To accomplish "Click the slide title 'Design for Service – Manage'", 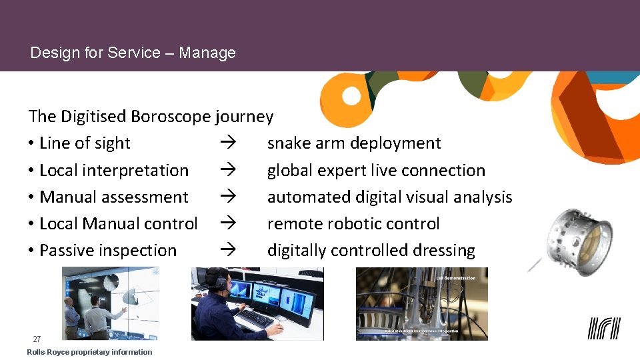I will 133,53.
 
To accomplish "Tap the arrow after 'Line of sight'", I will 227,143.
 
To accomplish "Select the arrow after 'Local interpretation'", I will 227,170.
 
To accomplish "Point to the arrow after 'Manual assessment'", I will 227,197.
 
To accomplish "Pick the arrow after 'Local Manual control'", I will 227,223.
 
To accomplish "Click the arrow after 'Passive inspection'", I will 227,251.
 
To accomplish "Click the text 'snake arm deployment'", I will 354,143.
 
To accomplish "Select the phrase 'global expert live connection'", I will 376,170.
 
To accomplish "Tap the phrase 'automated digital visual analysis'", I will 389,197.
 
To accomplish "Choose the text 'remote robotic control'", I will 353,223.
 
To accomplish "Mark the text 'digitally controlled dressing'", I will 371,251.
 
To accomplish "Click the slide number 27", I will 37,339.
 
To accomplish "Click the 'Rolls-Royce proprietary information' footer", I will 89,352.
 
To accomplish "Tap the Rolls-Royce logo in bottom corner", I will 603,328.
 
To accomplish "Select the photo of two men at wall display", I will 111,303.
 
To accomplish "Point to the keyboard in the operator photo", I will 255,318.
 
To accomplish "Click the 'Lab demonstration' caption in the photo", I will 455,277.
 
